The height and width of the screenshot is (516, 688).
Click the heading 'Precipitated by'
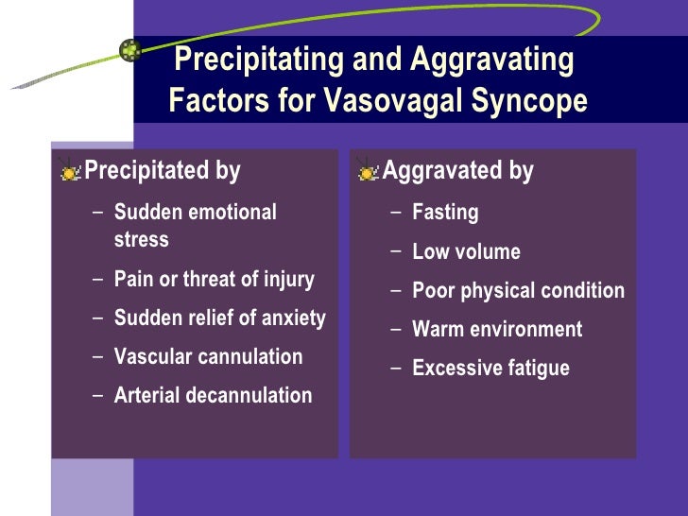pos(163,172)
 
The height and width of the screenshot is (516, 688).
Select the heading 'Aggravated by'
pos(458,172)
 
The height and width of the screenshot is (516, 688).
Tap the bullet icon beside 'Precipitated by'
pos(69,171)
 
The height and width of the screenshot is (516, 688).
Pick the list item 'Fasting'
pos(445,213)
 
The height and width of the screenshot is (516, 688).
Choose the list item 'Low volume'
pos(466,252)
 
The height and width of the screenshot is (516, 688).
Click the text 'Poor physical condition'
pos(518,291)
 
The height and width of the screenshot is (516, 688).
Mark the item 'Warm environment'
pos(497,330)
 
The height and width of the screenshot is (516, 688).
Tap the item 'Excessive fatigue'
pos(490,369)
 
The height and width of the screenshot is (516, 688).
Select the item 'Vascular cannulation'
pos(208,357)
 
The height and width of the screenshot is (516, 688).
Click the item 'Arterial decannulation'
pos(213,396)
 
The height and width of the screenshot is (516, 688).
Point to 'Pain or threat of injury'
pos(214,280)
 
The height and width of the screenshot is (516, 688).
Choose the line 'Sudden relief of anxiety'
pos(219,318)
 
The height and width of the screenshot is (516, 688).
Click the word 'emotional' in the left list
pos(232,213)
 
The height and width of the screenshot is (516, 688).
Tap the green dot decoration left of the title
pos(130,49)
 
